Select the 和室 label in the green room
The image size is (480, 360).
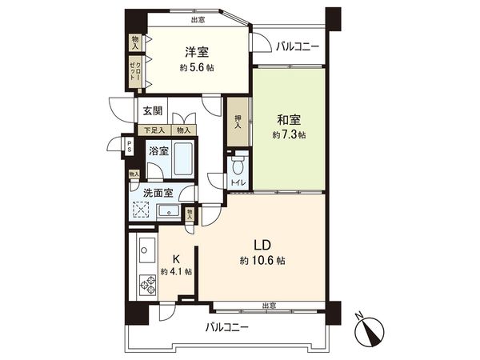point(289,119)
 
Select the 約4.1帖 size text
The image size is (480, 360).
point(175,272)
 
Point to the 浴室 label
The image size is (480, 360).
point(158,150)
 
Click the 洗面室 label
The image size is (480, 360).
point(157,192)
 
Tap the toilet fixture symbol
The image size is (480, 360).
point(238,166)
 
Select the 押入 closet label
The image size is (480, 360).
point(238,122)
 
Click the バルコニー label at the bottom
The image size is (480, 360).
point(226,328)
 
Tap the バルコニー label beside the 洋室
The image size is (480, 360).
point(298,46)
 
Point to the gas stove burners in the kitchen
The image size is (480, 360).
point(147,283)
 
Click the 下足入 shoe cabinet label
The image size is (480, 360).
point(154,130)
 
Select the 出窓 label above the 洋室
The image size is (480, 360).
point(197,20)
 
